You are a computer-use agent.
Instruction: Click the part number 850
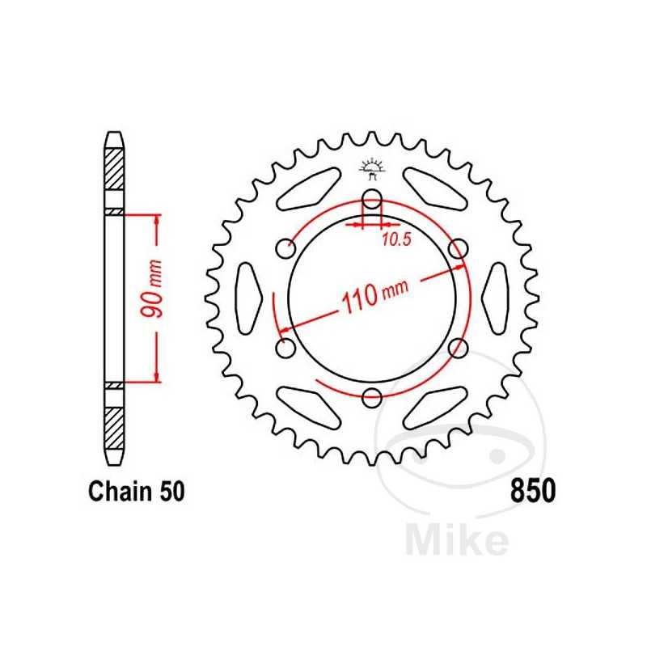point(532,491)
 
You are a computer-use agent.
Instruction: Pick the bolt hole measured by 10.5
point(371,199)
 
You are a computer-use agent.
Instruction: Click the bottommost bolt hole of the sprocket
point(371,397)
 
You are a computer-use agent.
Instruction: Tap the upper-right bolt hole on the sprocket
point(458,248)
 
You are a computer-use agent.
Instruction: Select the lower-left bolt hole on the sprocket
point(285,348)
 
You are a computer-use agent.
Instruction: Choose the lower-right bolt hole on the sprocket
point(458,348)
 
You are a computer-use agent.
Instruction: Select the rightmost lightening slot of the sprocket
point(496,298)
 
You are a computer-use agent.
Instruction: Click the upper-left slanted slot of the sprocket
point(309,189)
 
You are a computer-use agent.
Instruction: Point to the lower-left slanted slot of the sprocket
point(309,407)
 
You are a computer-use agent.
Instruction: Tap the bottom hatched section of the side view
point(114,425)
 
